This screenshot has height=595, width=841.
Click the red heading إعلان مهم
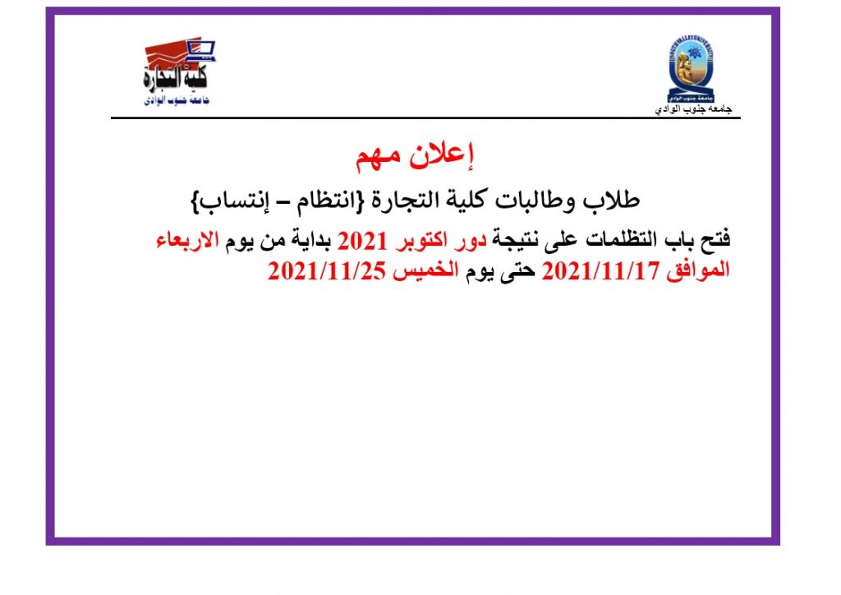415,155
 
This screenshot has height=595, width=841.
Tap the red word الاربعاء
188,240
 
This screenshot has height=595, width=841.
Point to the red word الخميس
425,270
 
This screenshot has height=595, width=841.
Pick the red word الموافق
698,270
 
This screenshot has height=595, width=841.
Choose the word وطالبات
535,201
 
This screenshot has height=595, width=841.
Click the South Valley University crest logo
691,69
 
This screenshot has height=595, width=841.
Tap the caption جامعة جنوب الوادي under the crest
693,109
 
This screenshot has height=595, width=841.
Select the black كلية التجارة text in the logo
175,77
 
